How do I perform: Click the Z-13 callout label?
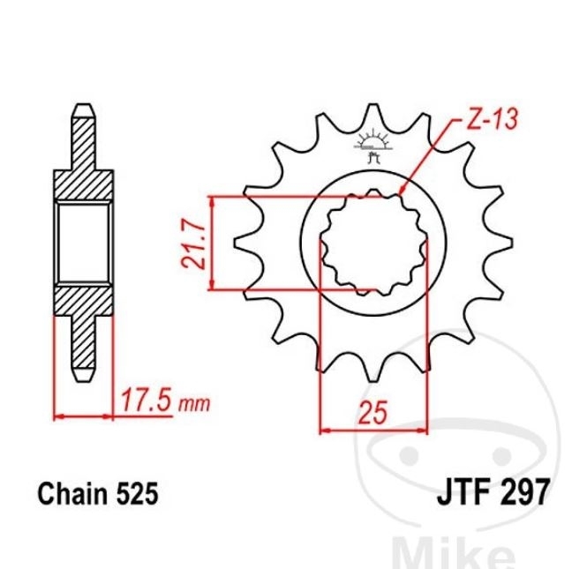[493, 119]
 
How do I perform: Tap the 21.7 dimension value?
[193, 243]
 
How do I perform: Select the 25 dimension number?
[373, 413]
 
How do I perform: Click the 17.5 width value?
[147, 400]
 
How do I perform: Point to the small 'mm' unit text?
[194, 404]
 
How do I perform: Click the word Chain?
[72, 493]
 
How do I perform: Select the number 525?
[137, 493]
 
